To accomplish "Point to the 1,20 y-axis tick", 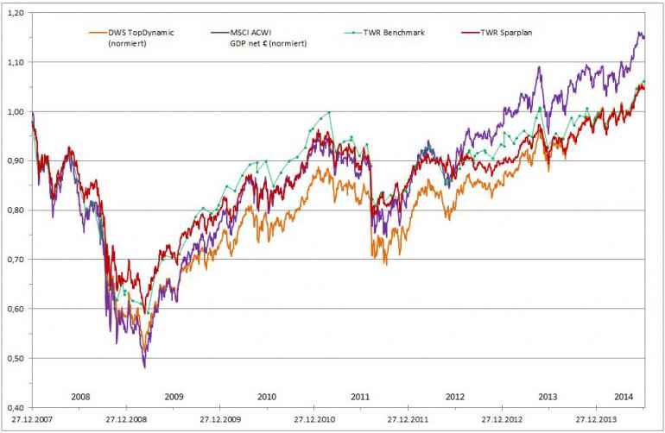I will pos(15,13).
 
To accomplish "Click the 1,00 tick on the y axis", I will pos(15,111).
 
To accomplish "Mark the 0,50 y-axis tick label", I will pos(15,358).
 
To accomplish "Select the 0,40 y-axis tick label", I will pos(15,407).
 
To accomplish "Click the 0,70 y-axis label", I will pos(15,260).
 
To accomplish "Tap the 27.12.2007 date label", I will pos(30,419).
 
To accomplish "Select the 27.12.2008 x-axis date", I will pos(124,419).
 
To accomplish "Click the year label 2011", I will pos(361,395).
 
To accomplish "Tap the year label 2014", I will pos(624,395).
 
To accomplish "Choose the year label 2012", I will pos(455,395).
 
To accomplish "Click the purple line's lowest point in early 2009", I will pos(144,367).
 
